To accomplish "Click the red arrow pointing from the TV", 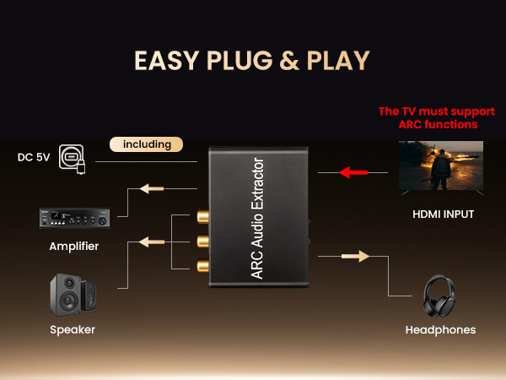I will [353, 172].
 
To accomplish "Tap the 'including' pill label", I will [146, 144].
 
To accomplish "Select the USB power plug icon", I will [72, 158].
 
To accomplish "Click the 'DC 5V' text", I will [33, 157].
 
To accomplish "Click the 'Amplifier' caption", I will [73, 246].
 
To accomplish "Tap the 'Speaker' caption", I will [73, 329].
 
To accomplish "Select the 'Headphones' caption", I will [440, 329].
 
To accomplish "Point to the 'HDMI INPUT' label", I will [443, 214].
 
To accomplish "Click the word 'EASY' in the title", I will [166, 60].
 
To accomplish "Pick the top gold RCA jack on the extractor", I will [202, 216].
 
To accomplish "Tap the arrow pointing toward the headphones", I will [356, 255].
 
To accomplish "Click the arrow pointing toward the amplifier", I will [152, 188].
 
